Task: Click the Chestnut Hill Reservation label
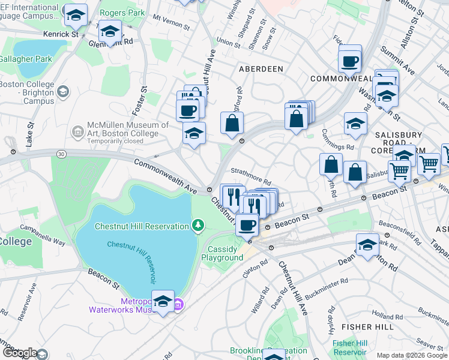click(142, 226)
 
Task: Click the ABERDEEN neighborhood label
click(261, 69)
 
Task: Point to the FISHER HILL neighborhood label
click(367, 326)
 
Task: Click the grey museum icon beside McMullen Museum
click(77, 131)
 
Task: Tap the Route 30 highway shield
click(62, 154)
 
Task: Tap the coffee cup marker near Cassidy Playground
click(246, 225)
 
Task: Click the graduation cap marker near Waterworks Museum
click(163, 301)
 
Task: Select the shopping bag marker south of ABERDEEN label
click(232, 123)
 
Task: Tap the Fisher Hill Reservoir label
click(350, 347)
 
